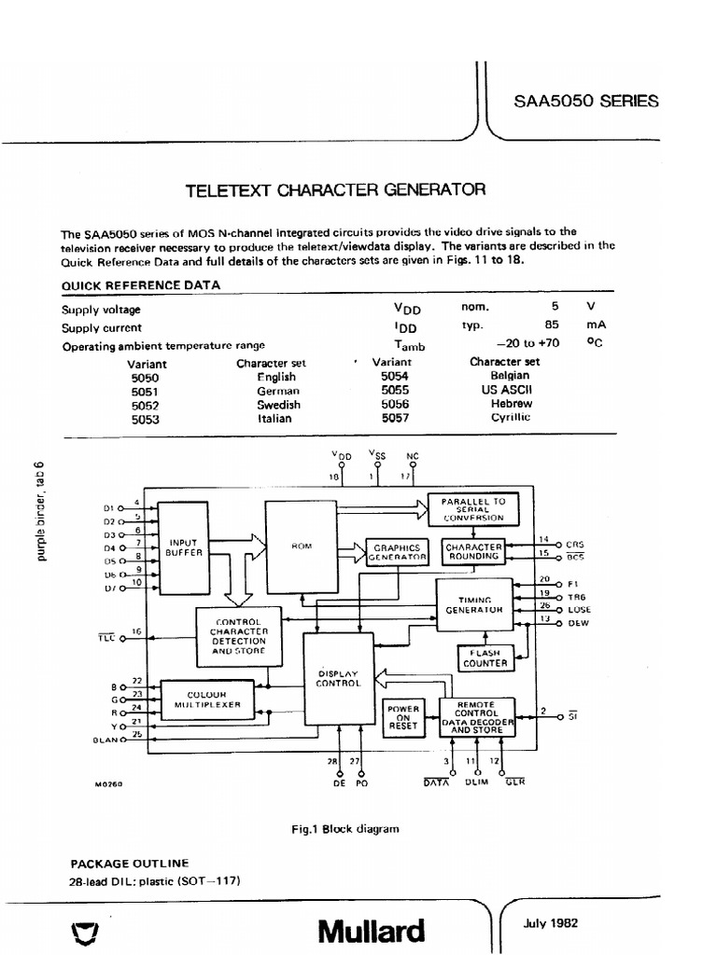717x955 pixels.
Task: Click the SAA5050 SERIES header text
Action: point(585,103)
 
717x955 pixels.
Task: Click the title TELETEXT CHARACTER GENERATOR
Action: point(337,190)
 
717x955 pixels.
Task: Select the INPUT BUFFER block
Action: point(183,547)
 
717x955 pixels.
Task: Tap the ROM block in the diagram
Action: point(301,547)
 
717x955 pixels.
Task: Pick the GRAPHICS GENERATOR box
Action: point(397,552)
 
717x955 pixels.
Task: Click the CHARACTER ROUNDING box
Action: point(473,551)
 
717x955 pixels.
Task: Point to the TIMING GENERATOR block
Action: point(474,603)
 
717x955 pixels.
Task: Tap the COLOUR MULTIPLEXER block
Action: point(207,699)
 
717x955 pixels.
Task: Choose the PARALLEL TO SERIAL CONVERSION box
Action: point(473,508)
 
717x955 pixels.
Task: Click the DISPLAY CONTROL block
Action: point(338,678)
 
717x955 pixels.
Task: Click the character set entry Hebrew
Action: point(511,404)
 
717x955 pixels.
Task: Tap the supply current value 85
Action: point(552,327)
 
